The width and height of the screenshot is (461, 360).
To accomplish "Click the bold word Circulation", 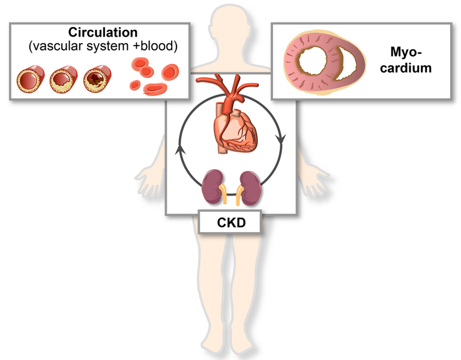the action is [x=103, y=32].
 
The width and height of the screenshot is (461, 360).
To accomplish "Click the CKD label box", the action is [x=230, y=222].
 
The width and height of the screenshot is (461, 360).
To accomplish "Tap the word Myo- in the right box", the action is [x=406, y=52].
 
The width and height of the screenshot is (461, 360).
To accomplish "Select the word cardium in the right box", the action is [x=406, y=68].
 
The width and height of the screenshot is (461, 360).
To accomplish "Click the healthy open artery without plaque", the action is [x=30, y=79].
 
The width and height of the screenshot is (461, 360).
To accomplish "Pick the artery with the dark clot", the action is [x=97, y=79].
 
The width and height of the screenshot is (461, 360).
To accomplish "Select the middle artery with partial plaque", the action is [x=64, y=79].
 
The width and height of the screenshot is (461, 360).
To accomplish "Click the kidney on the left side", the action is [x=212, y=187].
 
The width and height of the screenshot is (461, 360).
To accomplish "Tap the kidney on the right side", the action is [x=250, y=188].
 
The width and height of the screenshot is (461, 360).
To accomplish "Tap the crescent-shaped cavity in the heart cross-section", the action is [x=346, y=63].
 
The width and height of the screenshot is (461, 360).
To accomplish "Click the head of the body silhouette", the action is [x=230, y=29].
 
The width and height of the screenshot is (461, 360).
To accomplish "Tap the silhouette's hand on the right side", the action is [x=315, y=182].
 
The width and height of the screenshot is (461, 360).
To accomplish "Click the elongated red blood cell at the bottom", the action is [x=155, y=89].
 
